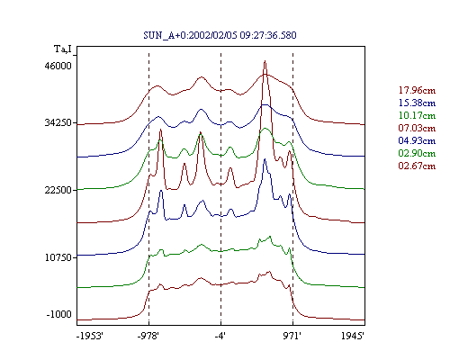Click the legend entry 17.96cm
click(417, 90)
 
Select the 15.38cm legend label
click(417, 103)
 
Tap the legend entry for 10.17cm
click(417, 115)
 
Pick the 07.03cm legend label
click(417, 128)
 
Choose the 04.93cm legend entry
click(417, 140)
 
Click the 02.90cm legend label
click(417, 153)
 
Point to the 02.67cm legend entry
click(417, 166)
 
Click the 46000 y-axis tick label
click(58, 66)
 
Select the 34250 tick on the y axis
click(58, 122)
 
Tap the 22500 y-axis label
click(58, 190)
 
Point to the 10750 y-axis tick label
click(58, 257)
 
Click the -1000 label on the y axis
click(59, 314)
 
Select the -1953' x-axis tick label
click(90, 336)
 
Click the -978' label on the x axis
click(148, 336)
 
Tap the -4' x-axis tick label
click(220, 336)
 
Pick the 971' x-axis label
click(292, 336)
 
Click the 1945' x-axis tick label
click(353, 336)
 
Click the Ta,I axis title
click(63, 49)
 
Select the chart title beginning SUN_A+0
click(220, 35)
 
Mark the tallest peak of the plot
click(265, 61)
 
